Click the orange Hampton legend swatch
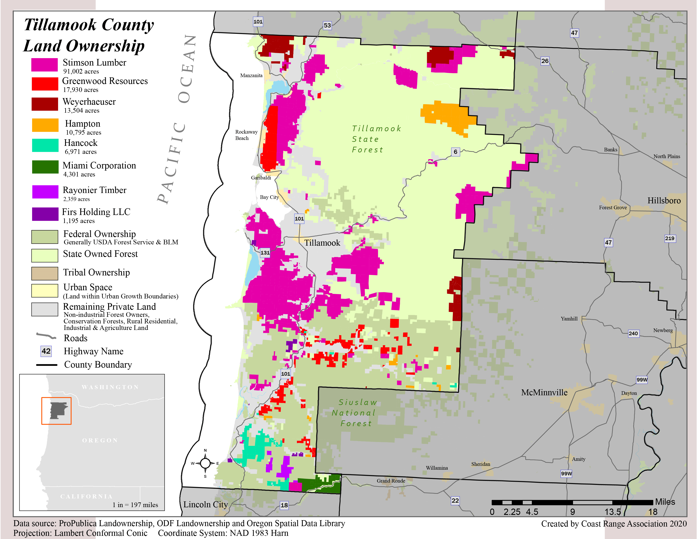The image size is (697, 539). [x=45, y=125]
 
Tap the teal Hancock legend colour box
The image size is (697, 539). [x=45, y=145]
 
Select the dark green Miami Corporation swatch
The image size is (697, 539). [x=45, y=167]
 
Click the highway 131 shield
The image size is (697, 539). [x=265, y=253]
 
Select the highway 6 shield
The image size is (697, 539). [x=455, y=152]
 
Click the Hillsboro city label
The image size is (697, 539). [x=664, y=201]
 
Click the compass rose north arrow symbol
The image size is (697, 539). [x=205, y=463]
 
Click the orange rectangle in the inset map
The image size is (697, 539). [x=56, y=411]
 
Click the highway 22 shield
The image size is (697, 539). [x=455, y=500]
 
